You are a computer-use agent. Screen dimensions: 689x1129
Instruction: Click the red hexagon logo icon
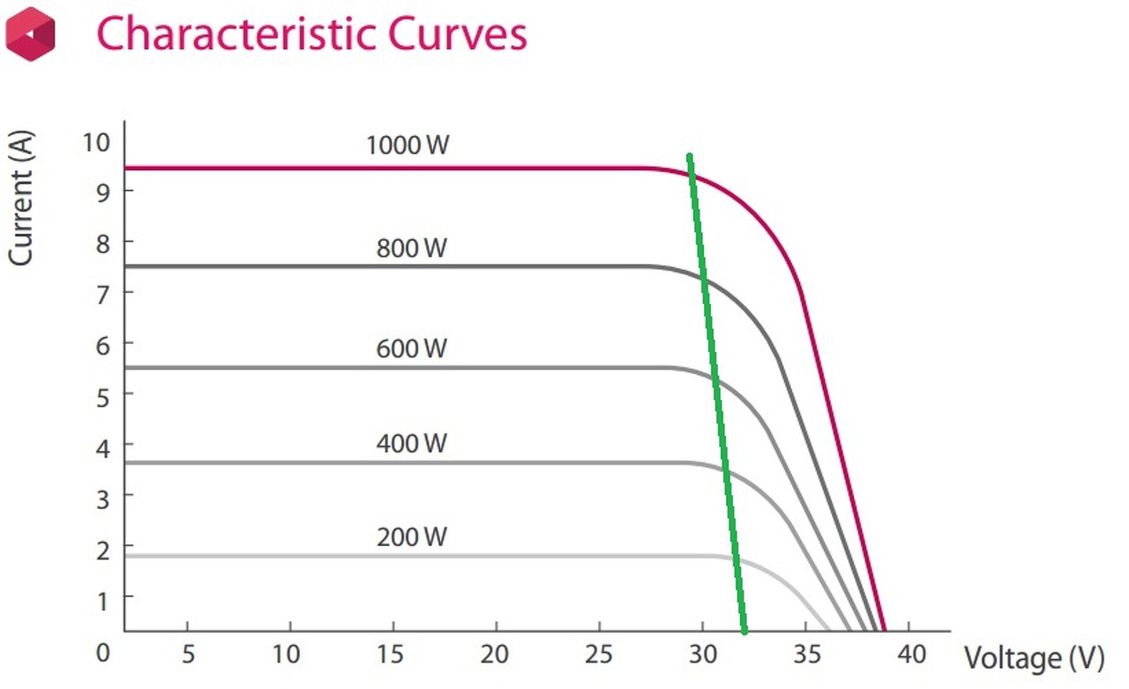point(30,34)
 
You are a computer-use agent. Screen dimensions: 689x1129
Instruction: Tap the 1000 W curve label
point(407,145)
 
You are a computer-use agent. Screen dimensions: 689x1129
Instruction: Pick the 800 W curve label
point(411,248)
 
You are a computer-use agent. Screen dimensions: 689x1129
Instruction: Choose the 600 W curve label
point(411,348)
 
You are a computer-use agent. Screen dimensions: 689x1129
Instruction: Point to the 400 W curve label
point(411,443)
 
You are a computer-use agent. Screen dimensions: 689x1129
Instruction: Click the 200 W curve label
point(411,536)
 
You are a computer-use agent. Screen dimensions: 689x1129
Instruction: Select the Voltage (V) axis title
point(1034,658)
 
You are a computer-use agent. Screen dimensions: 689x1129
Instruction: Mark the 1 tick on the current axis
point(103,600)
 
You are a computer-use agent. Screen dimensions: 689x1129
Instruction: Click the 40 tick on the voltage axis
point(911,654)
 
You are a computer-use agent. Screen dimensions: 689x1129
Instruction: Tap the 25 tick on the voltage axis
point(599,654)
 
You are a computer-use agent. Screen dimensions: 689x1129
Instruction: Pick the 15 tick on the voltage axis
point(391,654)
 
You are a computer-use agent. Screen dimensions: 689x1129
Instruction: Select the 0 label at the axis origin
point(103,654)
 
